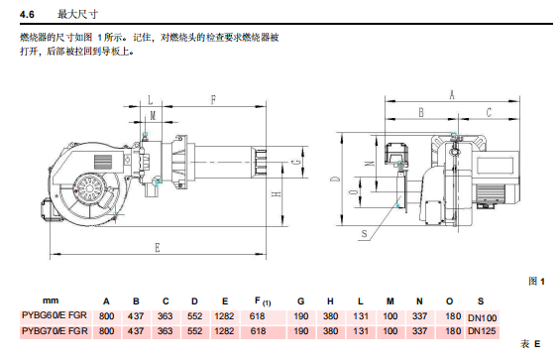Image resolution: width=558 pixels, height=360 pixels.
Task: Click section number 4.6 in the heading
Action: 27,15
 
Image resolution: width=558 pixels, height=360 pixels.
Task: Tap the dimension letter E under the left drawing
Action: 158,248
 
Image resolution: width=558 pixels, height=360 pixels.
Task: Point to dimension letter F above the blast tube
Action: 213,100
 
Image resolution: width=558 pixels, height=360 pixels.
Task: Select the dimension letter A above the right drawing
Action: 452,95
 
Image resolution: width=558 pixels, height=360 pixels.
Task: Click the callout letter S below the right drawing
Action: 364,234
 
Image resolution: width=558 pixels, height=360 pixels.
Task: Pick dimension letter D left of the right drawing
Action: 336,179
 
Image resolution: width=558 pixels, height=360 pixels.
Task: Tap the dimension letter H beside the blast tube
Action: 277,194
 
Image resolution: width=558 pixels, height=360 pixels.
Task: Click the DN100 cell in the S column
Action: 483,318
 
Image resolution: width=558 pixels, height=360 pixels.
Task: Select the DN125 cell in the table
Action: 482,331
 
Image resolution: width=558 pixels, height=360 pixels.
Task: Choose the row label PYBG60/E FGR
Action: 55,315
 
